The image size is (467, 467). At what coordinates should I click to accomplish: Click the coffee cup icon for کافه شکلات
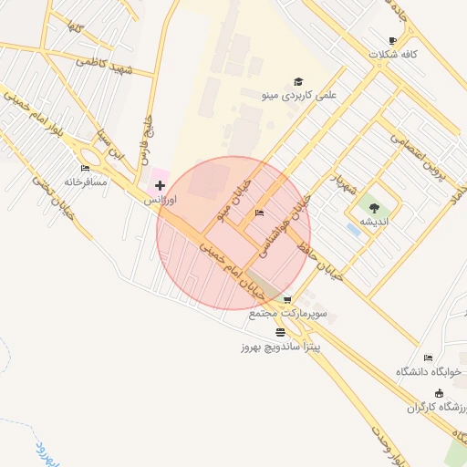click(x=392, y=40)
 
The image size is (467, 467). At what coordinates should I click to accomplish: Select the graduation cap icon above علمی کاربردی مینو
click(x=298, y=81)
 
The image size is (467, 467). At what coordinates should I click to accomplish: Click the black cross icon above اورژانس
click(x=161, y=185)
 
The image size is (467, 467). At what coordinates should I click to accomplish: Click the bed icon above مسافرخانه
click(x=86, y=169)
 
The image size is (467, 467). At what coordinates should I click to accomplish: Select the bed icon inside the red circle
click(x=260, y=213)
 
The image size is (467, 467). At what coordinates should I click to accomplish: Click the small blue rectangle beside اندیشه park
click(x=353, y=230)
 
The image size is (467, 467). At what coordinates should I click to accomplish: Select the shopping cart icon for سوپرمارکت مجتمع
click(x=288, y=300)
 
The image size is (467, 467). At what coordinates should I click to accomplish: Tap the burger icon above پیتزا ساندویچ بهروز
click(x=280, y=332)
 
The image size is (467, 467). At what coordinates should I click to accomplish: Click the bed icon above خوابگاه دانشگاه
click(x=428, y=358)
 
